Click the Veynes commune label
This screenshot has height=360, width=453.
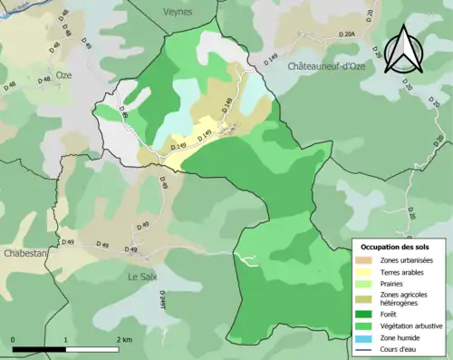[178, 11]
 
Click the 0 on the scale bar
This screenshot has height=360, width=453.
[14, 340]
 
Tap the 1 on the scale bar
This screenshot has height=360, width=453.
[65, 340]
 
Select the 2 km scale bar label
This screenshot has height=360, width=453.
[123, 340]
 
